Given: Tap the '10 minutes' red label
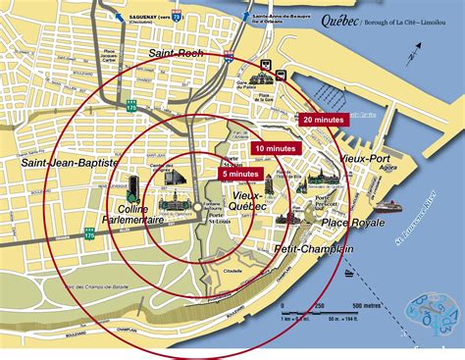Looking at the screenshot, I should click(275, 147).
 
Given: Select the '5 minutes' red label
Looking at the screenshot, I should click(239, 174).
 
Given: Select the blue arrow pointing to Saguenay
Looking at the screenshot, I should click(119, 18).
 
